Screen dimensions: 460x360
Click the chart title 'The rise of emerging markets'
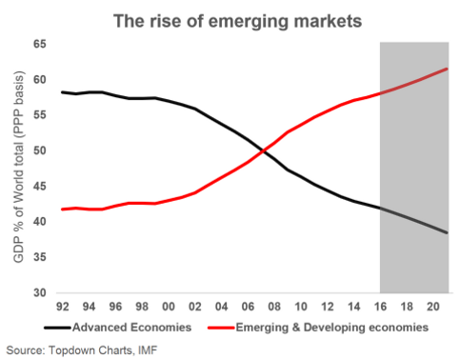(237, 22)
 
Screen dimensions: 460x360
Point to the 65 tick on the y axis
(40, 44)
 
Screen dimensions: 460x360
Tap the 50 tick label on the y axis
(40, 150)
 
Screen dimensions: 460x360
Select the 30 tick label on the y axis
(40, 292)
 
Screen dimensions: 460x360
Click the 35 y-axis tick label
(40, 257)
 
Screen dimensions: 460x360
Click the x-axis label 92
(63, 307)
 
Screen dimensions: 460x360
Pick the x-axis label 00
(169, 307)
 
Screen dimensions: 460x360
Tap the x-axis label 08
(274, 307)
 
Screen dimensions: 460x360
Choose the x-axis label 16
(380, 307)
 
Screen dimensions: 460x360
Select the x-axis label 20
(433, 307)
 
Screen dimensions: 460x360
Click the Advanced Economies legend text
(132, 328)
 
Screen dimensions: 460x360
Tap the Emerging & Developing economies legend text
(332, 328)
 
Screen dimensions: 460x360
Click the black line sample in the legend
(57, 328)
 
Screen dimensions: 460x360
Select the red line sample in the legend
(221, 328)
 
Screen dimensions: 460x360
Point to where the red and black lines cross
(263, 151)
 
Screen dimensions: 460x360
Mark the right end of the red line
(447, 69)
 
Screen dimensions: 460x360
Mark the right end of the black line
(447, 232)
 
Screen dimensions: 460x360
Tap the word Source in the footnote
(26, 350)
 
